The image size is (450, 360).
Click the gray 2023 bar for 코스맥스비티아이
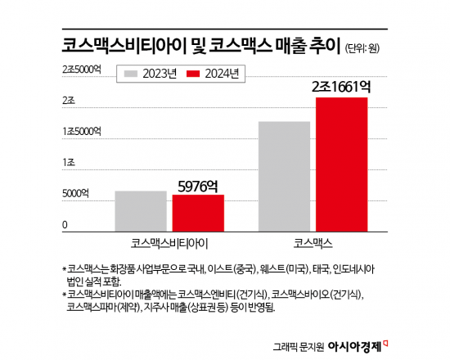pos(141,211)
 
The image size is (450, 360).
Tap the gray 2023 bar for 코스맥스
pos(284,176)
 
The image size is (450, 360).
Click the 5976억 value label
pos(198,186)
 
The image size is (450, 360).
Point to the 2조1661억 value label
pos(340,86)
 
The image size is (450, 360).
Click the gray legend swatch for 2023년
pos(131,74)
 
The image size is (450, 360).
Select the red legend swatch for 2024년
pos(195,74)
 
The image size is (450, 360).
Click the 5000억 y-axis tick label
pos(76,194)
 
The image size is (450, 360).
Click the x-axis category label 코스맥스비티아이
pos(169,243)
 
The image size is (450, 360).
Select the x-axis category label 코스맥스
pos(313,243)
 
